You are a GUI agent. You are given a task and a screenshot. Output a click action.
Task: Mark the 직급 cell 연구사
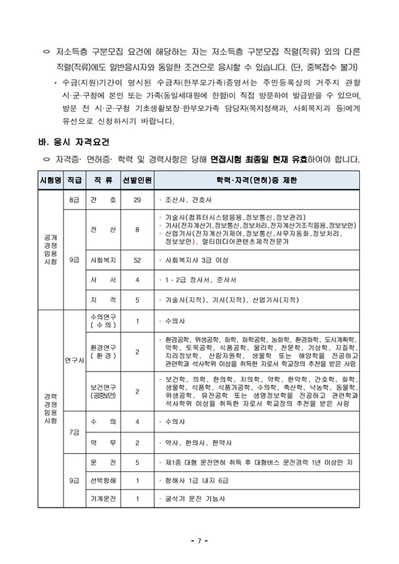pos(74,360)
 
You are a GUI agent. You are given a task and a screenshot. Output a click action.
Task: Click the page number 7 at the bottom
pos(199,540)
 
